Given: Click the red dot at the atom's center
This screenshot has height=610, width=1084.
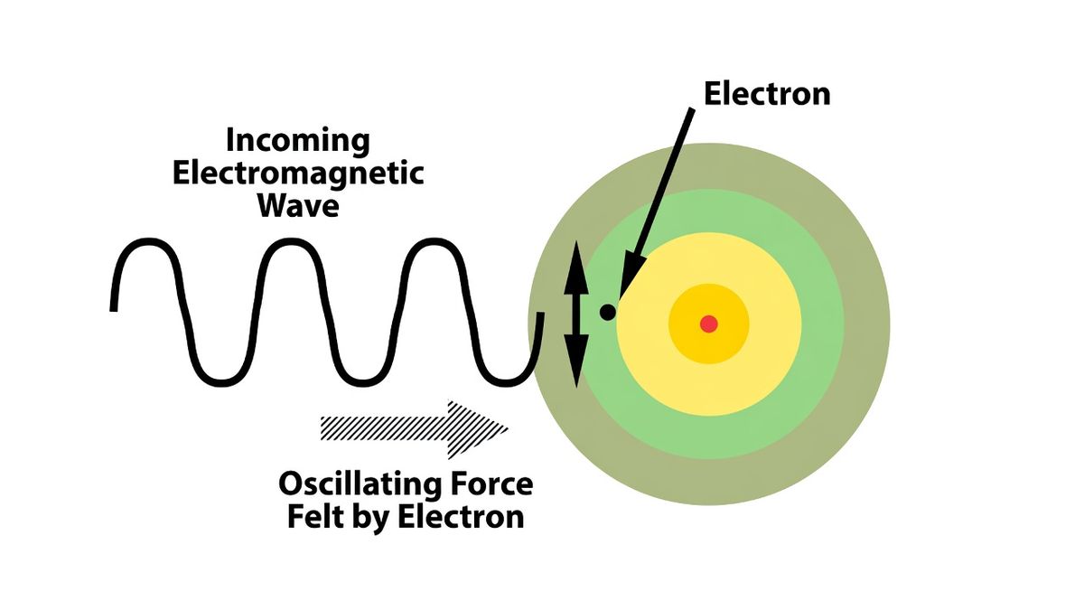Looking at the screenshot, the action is pyautogui.click(x=709, y=324).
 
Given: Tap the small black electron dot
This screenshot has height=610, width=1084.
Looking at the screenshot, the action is pyautogui.click(x=608, y=312).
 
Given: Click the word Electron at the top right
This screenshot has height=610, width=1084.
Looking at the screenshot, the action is pyautogui.click(x=767, y=94).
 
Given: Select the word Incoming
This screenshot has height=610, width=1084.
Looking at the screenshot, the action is pyautogui.click(x=298, y=141).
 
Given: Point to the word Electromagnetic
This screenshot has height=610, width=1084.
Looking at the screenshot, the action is pyautogui.click(x=298, y=174).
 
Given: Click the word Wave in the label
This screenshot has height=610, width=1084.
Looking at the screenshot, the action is pyautogui.click(x=298, y=206).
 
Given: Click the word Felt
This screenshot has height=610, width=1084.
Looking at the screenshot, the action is pyautogui.click(x=313, y=517).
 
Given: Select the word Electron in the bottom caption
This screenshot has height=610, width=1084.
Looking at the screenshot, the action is pyautogui.click(x=461, y=517).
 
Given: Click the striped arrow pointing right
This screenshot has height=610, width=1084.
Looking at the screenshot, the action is pyautogui.click(x=415, y=429).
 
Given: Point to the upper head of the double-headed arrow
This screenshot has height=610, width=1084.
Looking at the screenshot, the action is pyautogui.click(x=576, y=267).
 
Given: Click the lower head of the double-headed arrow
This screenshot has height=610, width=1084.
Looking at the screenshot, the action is pyautogui.click(x=576, y=361).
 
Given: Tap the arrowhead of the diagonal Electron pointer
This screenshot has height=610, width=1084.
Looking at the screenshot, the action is pyautogui.click(x=631, y=275).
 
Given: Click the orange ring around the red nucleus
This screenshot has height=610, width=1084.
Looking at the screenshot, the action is pyautogui.click(x=709, y=296).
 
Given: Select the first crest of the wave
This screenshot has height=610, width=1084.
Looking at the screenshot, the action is pyautogui.click(x=147, y=241).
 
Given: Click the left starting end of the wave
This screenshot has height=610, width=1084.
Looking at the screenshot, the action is pyautogui.click(x=114, y=310).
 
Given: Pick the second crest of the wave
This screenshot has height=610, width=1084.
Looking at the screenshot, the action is pyautogui.click(x=290, y=241).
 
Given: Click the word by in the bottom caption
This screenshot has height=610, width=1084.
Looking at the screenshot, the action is pyautogui.click(x=369, y=518).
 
